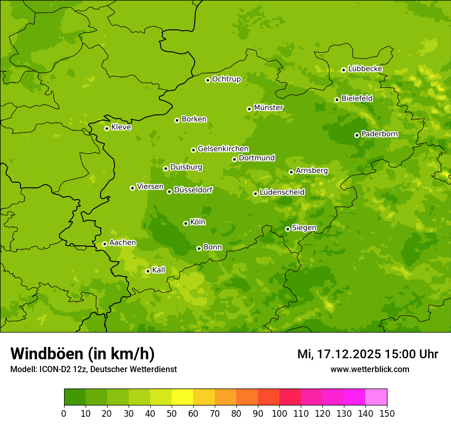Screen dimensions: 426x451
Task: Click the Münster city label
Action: [269, 108]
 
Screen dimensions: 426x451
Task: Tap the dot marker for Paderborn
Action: [357, 135]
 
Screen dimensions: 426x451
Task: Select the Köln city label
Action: [198, 222]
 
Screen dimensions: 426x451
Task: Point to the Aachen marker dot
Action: [105, 244]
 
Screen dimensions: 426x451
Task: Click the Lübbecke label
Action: [365, 69]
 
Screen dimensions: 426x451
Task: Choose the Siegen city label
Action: [304, 228]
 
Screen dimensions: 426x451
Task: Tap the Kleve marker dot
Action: [107, 128]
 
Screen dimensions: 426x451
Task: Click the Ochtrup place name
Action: [226, 79]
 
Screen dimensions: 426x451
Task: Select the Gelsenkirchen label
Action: [223, 149]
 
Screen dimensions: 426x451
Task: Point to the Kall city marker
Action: [148, 271]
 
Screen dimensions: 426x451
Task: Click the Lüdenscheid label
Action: [282, 192]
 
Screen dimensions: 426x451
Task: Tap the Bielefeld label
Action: [357, 99]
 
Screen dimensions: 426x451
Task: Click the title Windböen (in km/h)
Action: [83, 354]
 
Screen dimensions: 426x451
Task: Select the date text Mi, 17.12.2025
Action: [339, 354]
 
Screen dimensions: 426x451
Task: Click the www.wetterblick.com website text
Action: [370, 369]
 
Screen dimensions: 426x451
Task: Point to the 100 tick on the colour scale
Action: [279, 413]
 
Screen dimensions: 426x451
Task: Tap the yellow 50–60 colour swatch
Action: [182, 397]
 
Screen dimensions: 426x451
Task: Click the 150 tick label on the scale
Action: [387, 413]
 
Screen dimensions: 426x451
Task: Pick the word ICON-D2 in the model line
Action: [54, 369]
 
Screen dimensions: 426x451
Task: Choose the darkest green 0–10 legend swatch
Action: [75, 397]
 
